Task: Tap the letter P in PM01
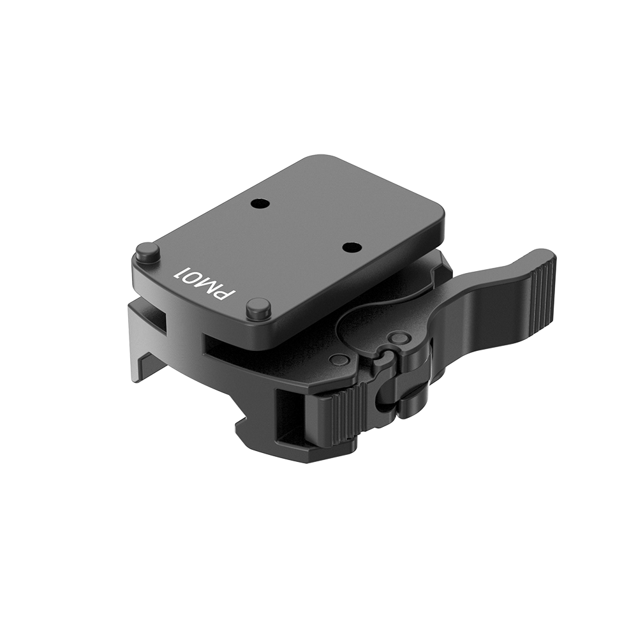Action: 226,295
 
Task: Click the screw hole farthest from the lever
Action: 258,204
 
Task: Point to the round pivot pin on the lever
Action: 400,337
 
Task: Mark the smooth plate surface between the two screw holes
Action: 303,225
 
